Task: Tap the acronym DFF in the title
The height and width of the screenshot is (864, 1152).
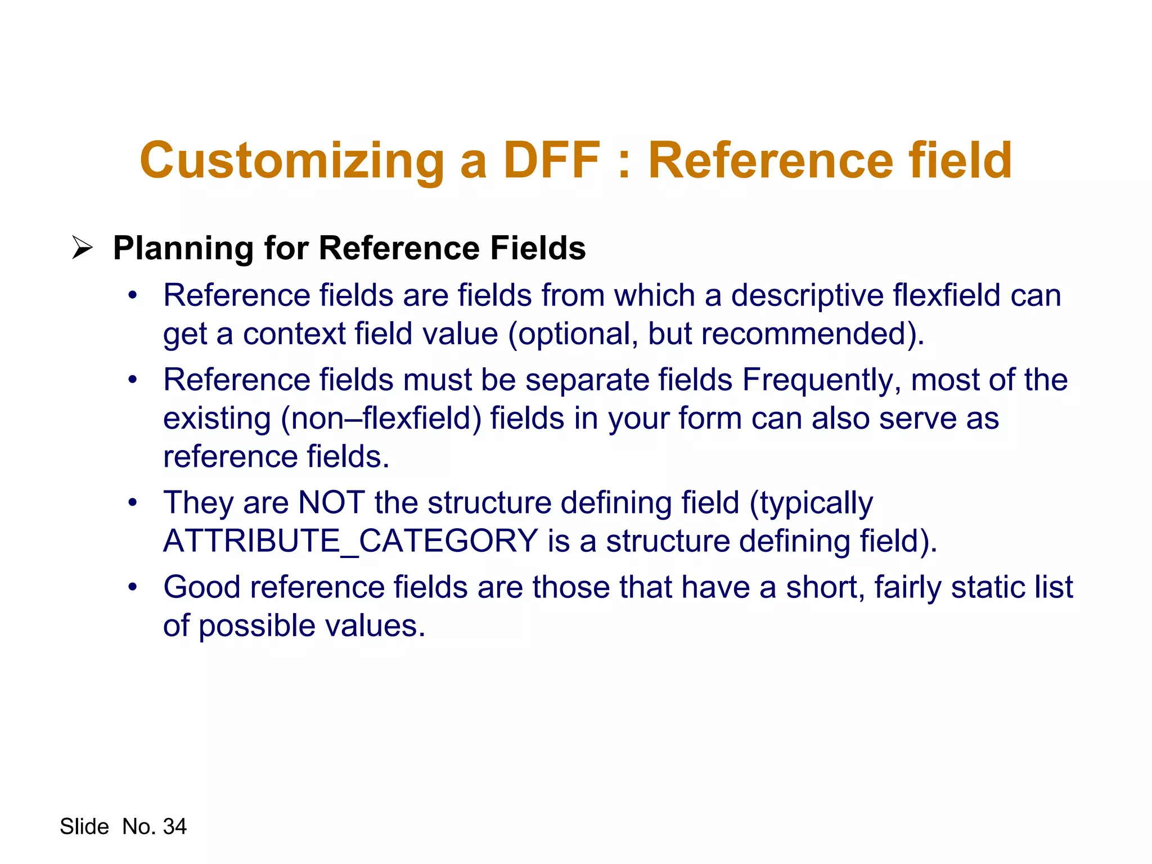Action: (x=552, y=160)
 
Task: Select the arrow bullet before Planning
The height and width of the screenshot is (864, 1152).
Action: (x=82, y=248)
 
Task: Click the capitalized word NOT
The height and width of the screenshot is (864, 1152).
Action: (x=331, y=502)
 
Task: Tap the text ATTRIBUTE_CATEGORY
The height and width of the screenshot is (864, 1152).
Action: (x=350, y=541)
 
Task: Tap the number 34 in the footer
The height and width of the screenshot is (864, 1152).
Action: (x=174, y=826)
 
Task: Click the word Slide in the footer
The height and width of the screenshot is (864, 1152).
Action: (x=84, y=826)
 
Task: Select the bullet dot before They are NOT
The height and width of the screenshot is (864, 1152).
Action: (x=132, y=502)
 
